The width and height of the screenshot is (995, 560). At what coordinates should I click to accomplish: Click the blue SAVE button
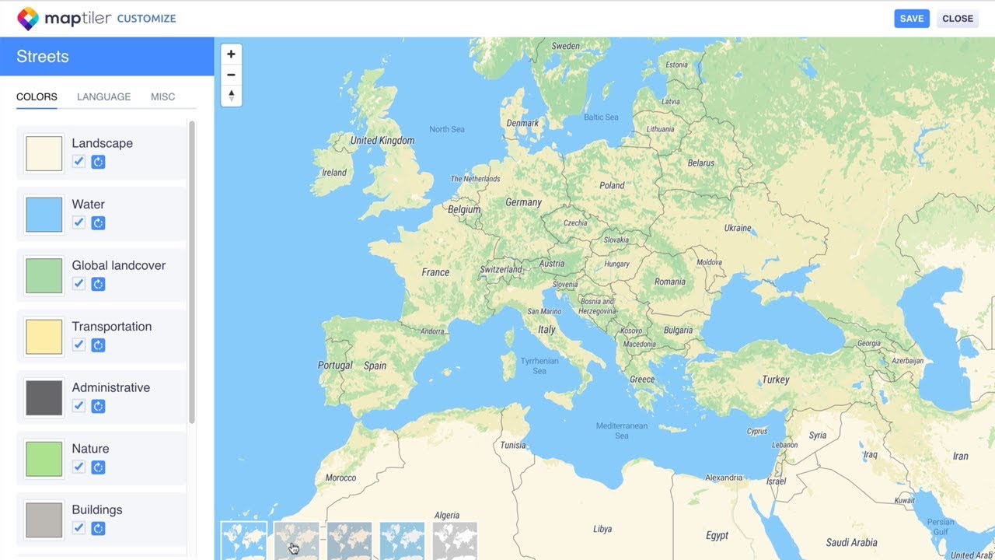click(912, 19)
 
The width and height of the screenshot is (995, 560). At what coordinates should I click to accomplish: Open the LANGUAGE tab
click(103, 97)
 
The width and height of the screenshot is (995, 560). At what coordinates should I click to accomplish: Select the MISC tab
click(162, 97)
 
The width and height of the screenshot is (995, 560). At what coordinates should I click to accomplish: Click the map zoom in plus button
click(231, 54)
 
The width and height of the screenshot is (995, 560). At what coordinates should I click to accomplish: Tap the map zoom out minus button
click(231, 75)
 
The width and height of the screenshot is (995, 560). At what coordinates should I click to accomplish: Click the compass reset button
click(231, 96)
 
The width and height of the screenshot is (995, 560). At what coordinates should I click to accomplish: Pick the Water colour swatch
click(44, 215)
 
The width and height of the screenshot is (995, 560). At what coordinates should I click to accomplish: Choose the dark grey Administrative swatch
click(44, 398)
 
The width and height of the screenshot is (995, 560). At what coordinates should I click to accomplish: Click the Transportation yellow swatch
click(44, 337)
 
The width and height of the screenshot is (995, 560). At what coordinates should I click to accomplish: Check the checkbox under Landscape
click(79, 162)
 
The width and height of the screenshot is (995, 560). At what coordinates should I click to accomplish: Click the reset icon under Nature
click(98, 467)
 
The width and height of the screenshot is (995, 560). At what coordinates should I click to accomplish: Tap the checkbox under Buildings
click(79, 528)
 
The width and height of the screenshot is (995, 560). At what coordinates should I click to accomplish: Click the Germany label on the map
click(523, 202)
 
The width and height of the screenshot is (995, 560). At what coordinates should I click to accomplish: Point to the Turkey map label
click(775, 380)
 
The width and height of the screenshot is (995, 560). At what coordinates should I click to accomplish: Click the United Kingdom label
click(382, 141)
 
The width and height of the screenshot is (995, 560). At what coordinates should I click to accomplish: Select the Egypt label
click(717, 535)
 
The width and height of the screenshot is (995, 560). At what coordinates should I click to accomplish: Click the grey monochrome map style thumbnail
click(455, 541)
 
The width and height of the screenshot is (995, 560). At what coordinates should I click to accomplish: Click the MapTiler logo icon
click(28, 19)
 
